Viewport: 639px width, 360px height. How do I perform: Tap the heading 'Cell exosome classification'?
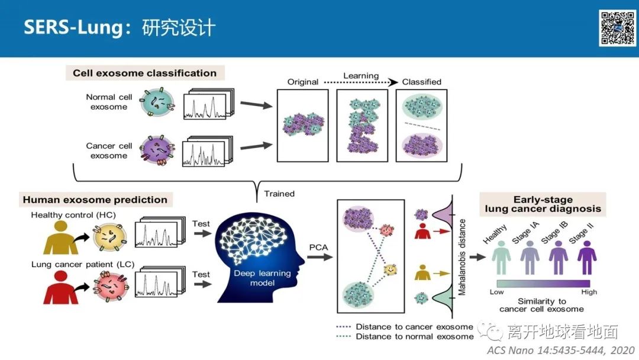(x=144, y=73)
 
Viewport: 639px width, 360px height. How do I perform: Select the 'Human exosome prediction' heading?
(x=95, y=200)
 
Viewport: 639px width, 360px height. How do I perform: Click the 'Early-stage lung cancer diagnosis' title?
(x=543, y=204)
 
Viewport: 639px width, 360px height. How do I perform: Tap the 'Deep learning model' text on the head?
(x=262, y=278)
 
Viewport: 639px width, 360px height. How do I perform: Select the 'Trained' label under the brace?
(x=279, y=194)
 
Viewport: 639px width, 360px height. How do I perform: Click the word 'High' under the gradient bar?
(x=589, y=292)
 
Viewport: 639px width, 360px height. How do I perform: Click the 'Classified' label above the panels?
(x=421, y=82)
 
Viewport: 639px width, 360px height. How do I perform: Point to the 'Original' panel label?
(x=303, y=82)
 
